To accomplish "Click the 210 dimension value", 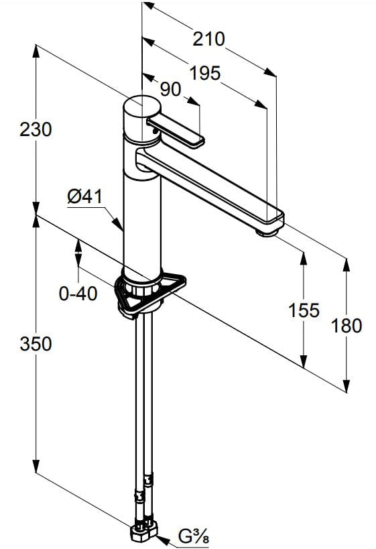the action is coord(208,39).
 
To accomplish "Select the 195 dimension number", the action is coord(205,73).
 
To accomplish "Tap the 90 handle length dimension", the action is coord(170,90).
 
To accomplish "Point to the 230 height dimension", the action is coord(36,129).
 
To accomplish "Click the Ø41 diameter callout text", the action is coord(84,196).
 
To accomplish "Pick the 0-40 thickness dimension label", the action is coord(78,294).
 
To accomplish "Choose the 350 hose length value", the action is coord(36,344).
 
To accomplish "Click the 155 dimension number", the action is coord(304,310).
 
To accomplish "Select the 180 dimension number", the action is coord(347,326).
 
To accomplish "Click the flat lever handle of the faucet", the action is coord(176,132).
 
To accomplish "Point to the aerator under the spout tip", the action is coord(267,232).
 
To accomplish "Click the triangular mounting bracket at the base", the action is coord(151,294).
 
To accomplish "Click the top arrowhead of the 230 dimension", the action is coord(36,52).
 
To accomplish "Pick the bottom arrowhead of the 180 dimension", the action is coord(347,385).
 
